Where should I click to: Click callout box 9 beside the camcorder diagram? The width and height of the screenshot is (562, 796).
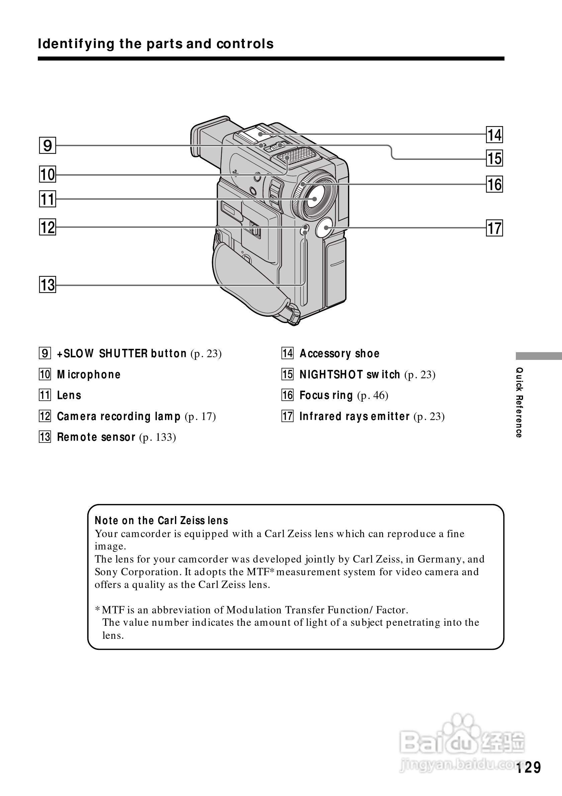point(48,145)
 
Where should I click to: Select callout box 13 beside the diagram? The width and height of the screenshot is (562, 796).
point(48,285)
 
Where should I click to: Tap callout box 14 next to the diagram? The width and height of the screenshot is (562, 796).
point(494,135)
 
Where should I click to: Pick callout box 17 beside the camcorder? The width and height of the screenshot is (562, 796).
point(494,228)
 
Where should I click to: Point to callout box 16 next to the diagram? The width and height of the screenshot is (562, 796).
point(494,184)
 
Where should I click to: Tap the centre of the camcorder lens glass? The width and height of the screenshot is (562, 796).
point(314,199)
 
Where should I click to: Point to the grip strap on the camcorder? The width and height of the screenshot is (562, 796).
point(243,277)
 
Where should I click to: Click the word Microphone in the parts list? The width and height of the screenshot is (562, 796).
point(89,375)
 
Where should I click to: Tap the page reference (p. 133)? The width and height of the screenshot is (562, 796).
point(158,437)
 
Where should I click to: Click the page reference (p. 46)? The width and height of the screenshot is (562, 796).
point(373,395)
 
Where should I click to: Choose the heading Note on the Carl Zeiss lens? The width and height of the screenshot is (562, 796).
point(161,520)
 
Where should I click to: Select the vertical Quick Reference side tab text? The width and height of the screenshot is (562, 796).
point(519,402)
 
